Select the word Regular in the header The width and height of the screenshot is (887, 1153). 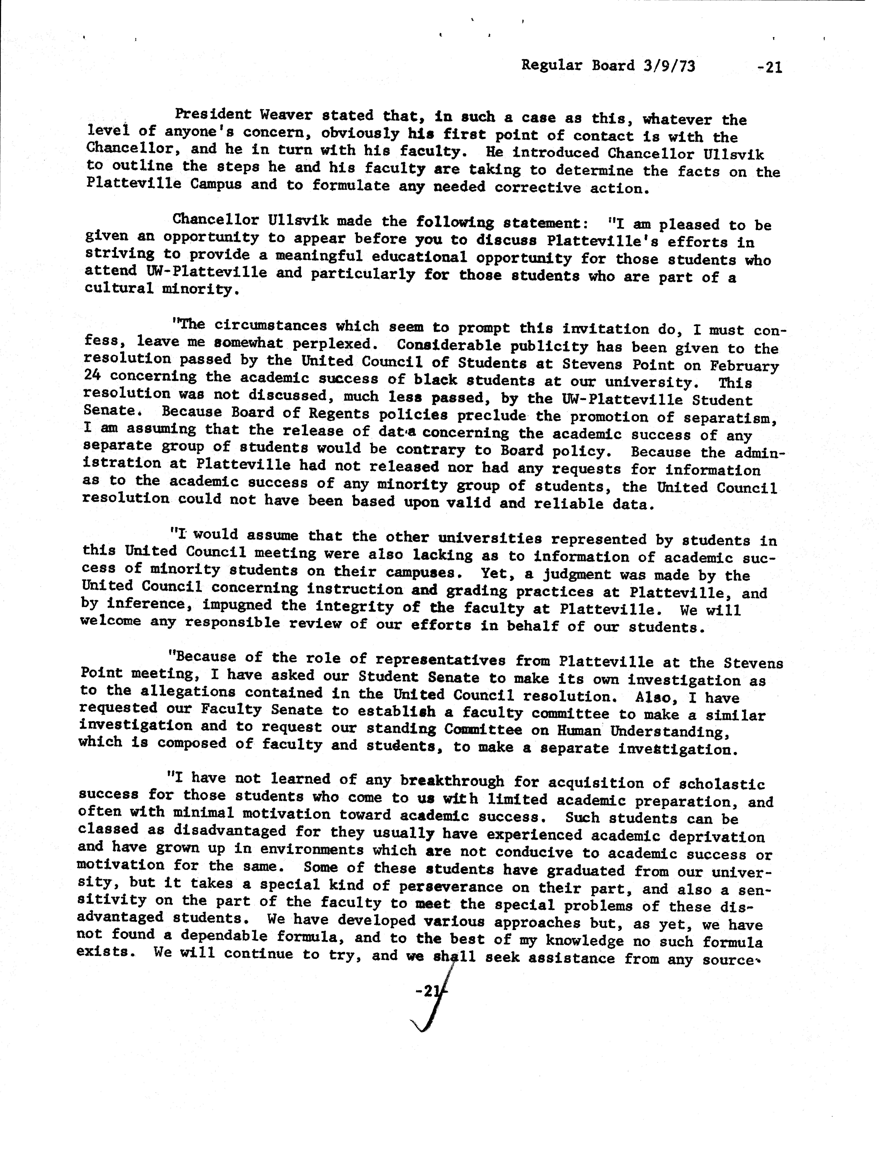(x=548, y=65)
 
